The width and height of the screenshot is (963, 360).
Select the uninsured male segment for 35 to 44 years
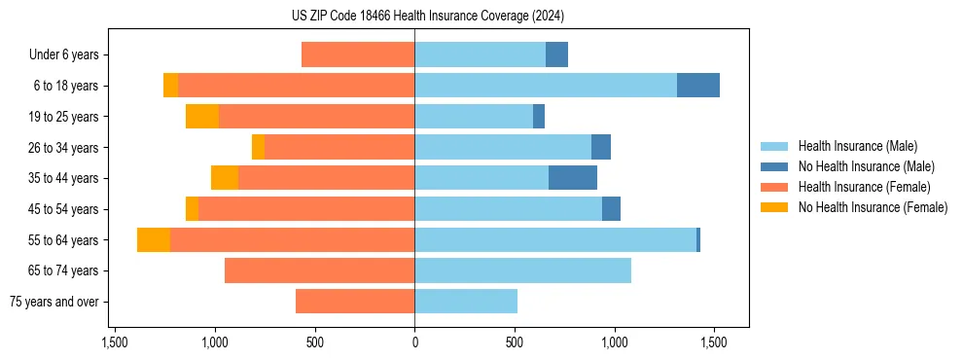click(573, 178)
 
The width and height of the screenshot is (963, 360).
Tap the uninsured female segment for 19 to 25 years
click(202, 117)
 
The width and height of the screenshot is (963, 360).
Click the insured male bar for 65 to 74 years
click(522, 270)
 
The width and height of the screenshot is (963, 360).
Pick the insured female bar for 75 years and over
click(355, 302)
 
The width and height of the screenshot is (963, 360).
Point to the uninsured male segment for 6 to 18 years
click(698, 86)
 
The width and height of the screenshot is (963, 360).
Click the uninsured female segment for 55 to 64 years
click(154, 239)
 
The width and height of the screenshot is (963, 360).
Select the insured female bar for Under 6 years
click(358, 54)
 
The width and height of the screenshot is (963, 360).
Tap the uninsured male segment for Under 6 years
click(556, 54)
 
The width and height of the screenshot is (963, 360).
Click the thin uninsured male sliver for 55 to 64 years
click(698, 239)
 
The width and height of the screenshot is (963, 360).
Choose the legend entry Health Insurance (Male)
click(857, 146)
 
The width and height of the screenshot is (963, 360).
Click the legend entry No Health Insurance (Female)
click(873, 207)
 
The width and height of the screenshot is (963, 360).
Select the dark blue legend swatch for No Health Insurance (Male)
click(775, 166)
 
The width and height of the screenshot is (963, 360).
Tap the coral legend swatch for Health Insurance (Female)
click(775, 187)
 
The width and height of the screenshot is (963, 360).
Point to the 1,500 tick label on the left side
click(115, 342)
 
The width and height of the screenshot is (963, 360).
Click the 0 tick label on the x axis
click(415, 342)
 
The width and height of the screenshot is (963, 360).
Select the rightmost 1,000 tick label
click(615, 342)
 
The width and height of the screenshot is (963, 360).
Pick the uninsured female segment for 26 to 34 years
click(258, 147)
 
